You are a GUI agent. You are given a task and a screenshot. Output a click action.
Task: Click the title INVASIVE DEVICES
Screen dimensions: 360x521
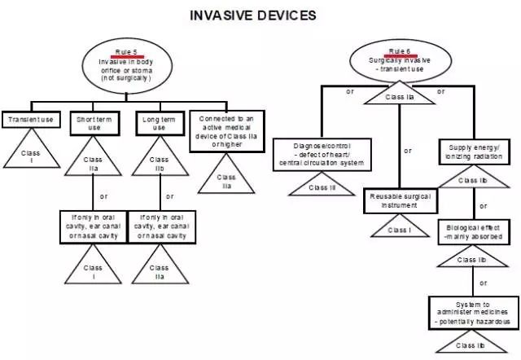252,15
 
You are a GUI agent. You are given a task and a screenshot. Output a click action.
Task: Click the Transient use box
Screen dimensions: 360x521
30,121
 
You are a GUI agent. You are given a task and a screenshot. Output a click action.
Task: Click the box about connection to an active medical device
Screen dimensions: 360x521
225,130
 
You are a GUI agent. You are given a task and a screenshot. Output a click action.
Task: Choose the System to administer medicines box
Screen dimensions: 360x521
472,312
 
